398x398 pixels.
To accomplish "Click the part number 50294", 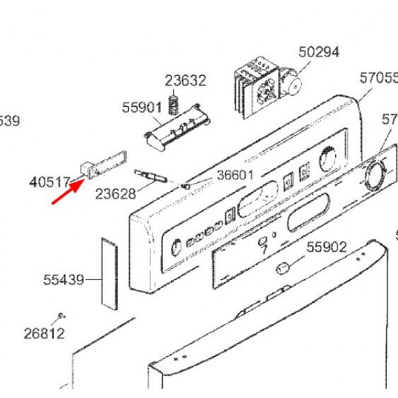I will coord(318,52).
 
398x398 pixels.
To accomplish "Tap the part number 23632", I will coord(186,81).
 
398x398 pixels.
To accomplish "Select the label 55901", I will coord(142,107).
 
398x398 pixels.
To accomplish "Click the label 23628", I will coord(115,194).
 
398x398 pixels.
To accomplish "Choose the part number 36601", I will coord(235,175).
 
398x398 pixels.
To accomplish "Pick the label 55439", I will coord(64,280).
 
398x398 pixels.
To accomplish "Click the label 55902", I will coord(326,247).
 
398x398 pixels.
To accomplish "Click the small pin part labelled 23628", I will coord(151,176).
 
